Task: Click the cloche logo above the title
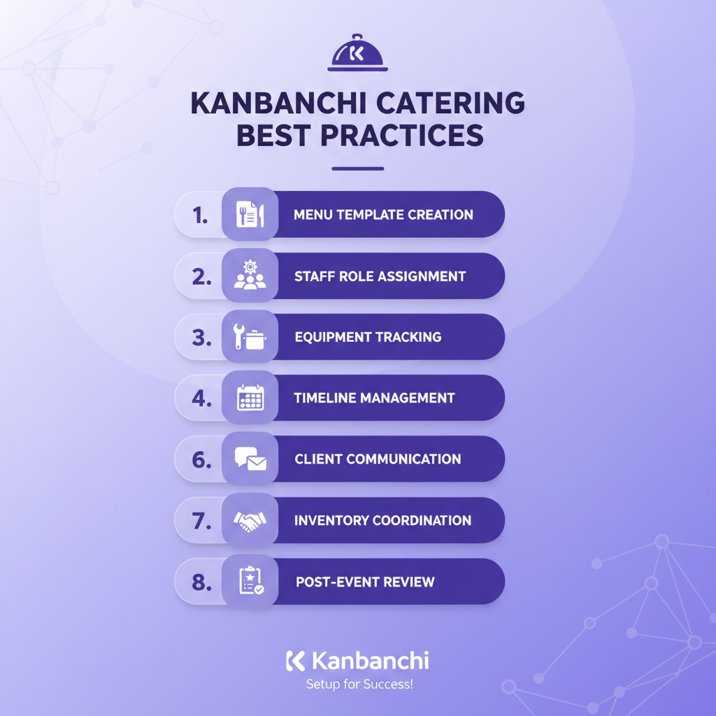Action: (x=357, y=55)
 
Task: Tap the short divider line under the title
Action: (x=357, y=169)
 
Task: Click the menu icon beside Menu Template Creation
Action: (x=250, y=215)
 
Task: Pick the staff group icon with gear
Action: (x=250, y=276)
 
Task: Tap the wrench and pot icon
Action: (x=250, y=337)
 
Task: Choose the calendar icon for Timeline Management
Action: (x=250, y=398)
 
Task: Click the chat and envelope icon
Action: (x=250, y=459)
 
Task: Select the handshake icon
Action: (x=250, y=520)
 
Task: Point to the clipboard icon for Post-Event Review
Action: (x=250, y=581)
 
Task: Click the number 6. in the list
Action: (x=201, y=459)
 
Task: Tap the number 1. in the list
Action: (x=201, y=215)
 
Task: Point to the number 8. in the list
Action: (x=201, y=582)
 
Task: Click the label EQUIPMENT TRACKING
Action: (x=368, y=337)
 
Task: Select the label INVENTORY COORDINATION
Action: (x=382, y=520)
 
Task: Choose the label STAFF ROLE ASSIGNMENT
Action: (x=380, y=276)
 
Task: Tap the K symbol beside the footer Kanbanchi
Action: (x=295, y=661)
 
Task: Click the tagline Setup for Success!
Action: (x=359, y=685)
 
